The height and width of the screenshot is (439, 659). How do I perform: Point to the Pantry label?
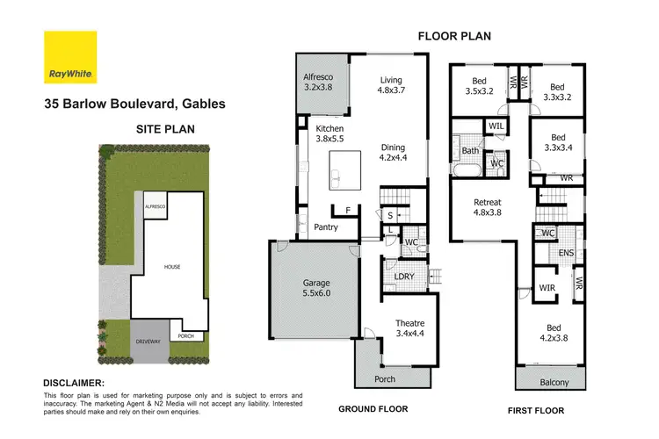pyautogui.click(x=327, y=227)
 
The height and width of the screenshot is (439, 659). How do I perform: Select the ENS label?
pyautogui.click(x=567, y=253)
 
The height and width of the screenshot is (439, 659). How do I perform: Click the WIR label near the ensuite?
pyautogui.click(x=547, y=287)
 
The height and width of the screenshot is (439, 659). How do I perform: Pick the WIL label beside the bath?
pyautogui.click(x=496, y=127)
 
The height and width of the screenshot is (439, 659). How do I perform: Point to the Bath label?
pyautogui.click(x=469, y=151)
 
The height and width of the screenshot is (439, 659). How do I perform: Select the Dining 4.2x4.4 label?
pyautogui.click(x=395, y=153)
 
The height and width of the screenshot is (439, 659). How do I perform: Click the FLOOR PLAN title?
pyautogui.click(x=453, y=36)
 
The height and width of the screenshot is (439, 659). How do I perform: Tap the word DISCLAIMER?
pyautogui.click(x=74, y=384)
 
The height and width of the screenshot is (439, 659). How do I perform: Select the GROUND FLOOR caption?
pyautogui.click(x=374, y=410)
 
